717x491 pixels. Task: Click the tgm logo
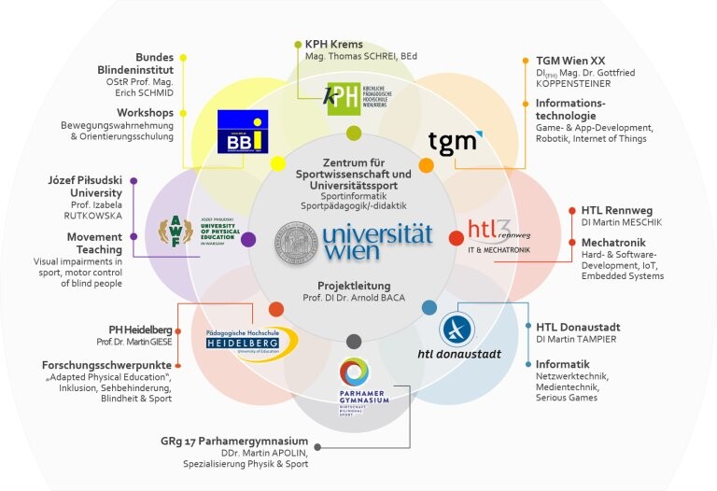(x=455, y=141)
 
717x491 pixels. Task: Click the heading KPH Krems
(x=333, y=44)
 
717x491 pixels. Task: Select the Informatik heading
(x=563, y=363)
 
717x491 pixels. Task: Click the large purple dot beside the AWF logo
(x=247, y=239)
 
